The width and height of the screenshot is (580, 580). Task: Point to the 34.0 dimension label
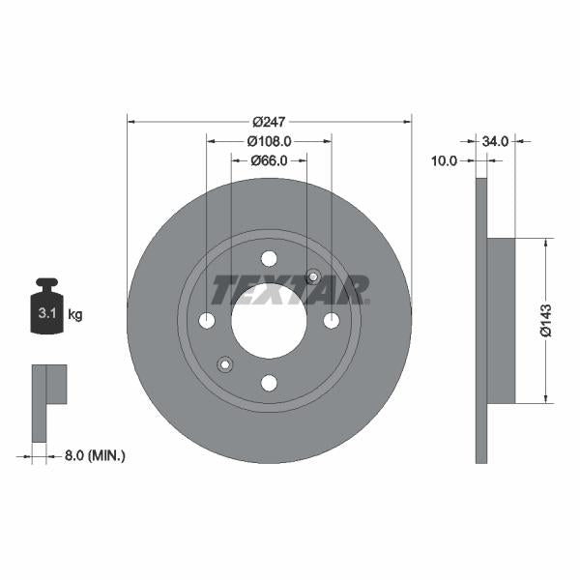click(494, 141)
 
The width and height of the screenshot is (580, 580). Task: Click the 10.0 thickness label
click(445, 161)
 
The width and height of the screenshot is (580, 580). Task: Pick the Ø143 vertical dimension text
click(546, 320)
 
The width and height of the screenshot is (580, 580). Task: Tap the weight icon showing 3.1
click(45, 309)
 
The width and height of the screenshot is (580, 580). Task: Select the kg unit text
click(75, 314)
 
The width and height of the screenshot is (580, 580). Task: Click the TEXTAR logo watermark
click(290, 288)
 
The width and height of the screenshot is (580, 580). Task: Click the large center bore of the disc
click(269, 320)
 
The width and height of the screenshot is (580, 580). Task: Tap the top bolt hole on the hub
click(269, 258)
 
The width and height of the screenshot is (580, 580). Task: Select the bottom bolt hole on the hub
click(269, 383)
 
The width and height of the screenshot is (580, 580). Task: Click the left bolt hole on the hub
click(207, 320)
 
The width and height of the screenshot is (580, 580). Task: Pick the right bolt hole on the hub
click(332, 320)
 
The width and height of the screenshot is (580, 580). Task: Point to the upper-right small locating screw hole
click(312, 276)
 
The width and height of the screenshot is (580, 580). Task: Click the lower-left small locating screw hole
click(225, 363)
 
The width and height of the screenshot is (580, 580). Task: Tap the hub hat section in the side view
click(502, 320)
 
